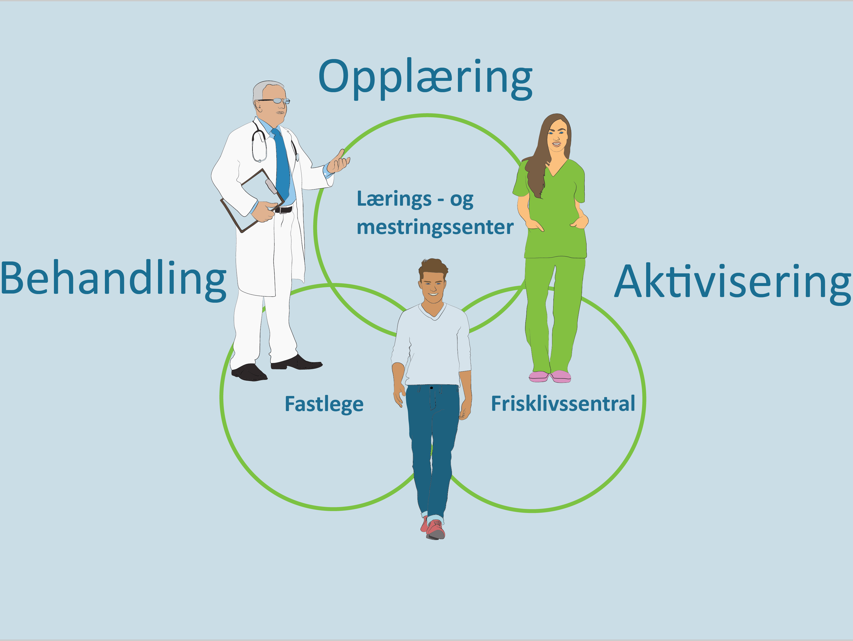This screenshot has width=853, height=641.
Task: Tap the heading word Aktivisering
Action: (x=732, y=284)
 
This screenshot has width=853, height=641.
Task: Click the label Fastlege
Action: (x=324, y=404)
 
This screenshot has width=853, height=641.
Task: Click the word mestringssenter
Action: (x=435, y=227)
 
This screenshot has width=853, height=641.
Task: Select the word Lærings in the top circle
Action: (x=394, y=199)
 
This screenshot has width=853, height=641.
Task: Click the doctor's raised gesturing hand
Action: (x=338, y=161)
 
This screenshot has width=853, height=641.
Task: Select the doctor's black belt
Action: (x=283, y=210)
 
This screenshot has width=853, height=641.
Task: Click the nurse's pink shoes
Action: (x=550, y=376)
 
